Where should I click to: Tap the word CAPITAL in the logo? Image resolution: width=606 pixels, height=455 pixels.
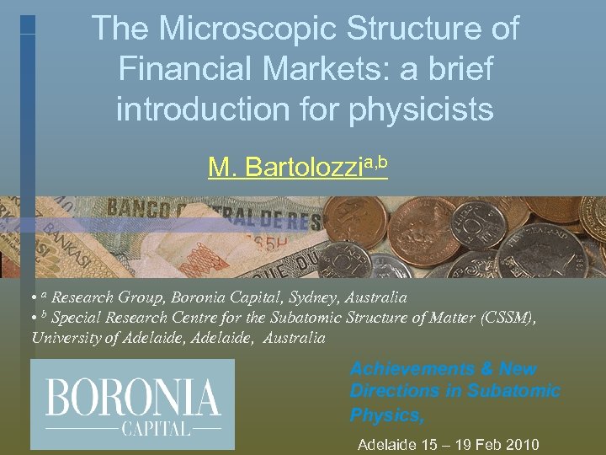click(157, 428)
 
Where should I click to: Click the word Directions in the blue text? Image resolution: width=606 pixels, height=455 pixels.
click(393, 391)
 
